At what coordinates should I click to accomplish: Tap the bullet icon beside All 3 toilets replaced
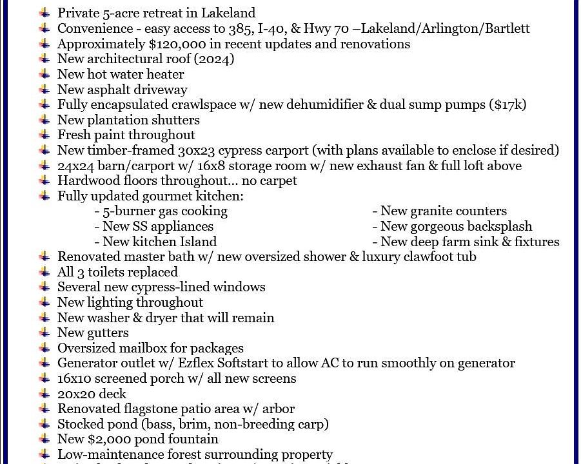[x=44, y=272]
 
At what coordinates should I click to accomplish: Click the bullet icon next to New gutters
[x=44, y=333]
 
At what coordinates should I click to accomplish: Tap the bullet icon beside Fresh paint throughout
[x=44, y=135]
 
